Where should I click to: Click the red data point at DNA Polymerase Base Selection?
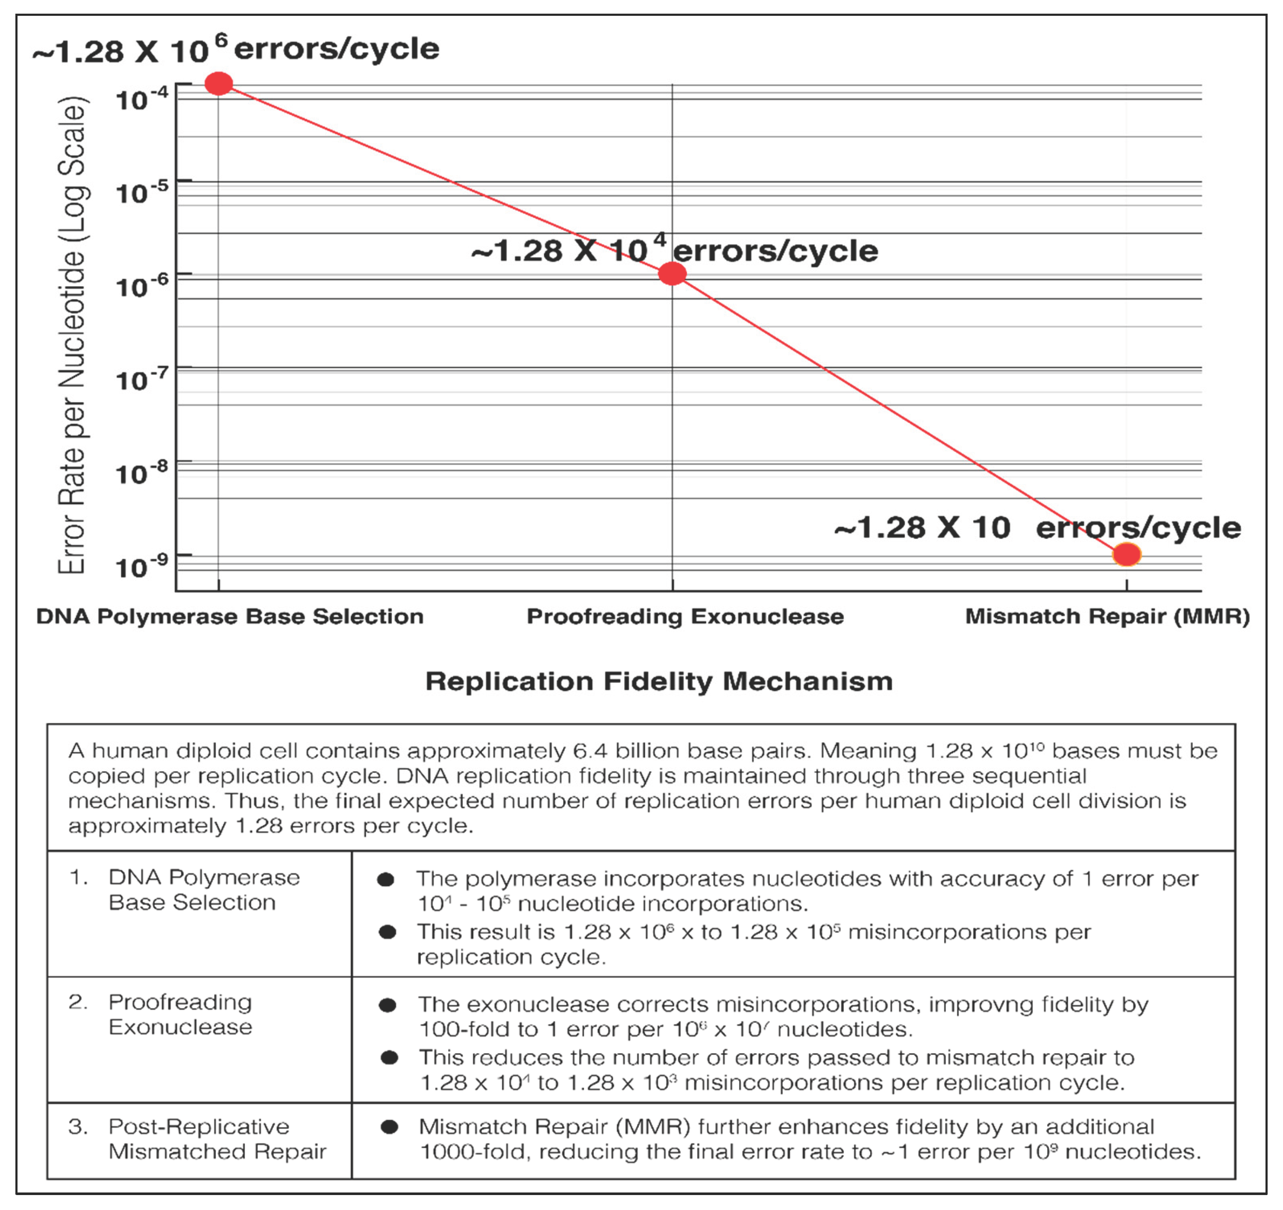(x=219, y=84)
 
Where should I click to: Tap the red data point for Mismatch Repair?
(x=1127, y=554)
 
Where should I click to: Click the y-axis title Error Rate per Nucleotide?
(x=72, y=335)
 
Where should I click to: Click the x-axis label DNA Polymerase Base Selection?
(x=230, y=616)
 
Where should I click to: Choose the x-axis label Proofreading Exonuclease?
(x=685, y=616)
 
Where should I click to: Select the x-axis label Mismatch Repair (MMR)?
(x=1107, y=616)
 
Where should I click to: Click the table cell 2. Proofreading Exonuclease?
(x=181, y=1014)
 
